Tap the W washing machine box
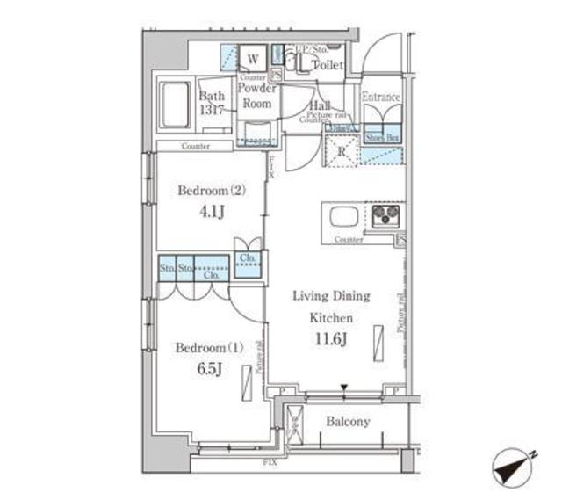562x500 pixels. point(252,59)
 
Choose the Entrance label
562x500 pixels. point(381,97)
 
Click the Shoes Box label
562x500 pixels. point(381,137)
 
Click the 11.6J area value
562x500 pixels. point(330,339)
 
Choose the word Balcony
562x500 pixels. point(348,422)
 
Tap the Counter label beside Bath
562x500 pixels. point(196,146)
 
